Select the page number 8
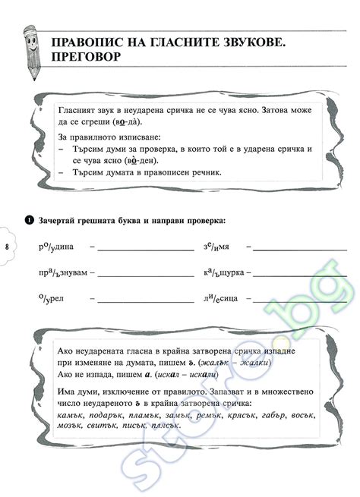(x=6, y=247)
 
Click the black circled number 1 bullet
(x=28, y=221)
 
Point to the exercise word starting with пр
(x=60, y=272)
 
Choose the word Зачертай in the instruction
(x=59, y=221)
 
